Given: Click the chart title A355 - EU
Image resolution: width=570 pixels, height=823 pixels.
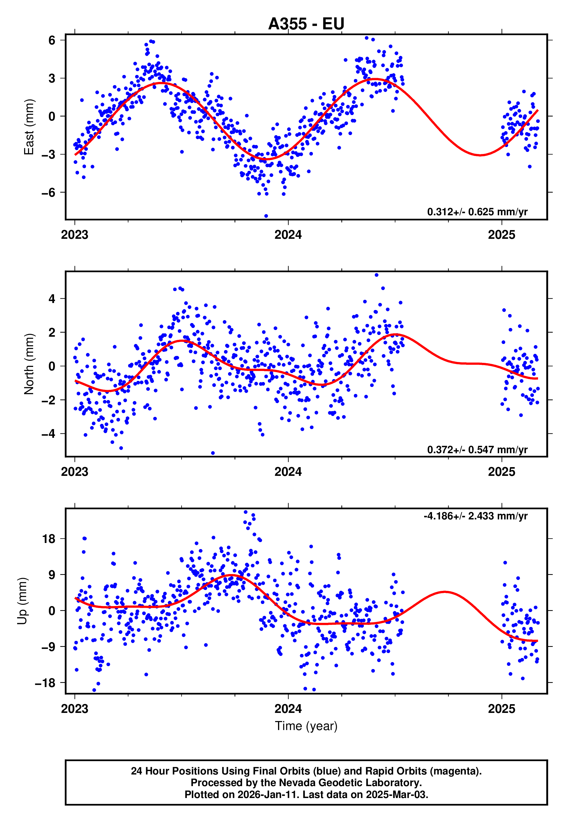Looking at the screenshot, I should (x=306, y=24).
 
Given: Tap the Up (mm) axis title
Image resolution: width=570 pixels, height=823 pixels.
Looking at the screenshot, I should (x=22, y=601).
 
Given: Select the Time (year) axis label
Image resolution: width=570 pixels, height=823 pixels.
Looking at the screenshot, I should (x=306, y=725).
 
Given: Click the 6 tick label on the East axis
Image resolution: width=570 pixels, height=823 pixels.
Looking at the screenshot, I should (x=52, y=40).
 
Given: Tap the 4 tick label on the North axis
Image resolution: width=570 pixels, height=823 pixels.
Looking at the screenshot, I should (x=52, y=299).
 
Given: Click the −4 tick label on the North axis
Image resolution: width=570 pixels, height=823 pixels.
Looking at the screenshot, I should (x=49, y=434).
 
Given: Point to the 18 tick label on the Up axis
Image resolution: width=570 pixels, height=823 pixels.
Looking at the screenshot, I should (x=49, y=539).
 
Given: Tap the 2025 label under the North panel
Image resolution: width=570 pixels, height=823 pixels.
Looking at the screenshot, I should (x=501, y=472).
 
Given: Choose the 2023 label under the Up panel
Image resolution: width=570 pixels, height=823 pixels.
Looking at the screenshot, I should (x=75, y=709).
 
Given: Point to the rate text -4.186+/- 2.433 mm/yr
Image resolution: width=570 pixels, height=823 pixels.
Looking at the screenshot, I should (x=475, y=516).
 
